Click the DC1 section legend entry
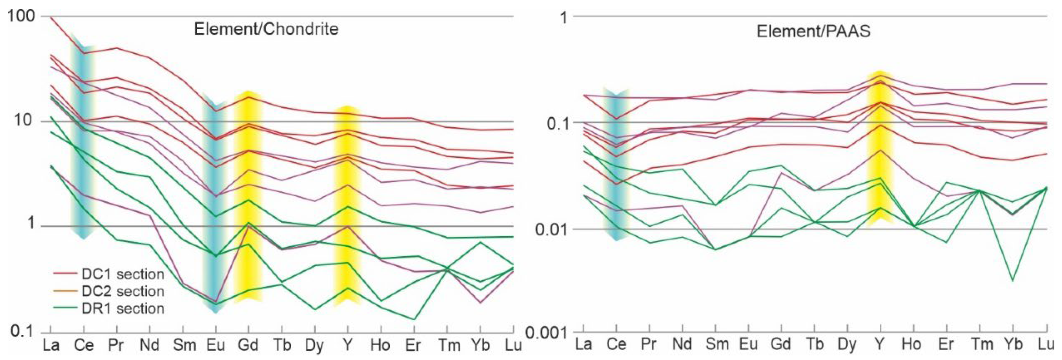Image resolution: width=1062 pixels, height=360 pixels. click(122, 274)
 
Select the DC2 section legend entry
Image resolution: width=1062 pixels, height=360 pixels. click(122, 292)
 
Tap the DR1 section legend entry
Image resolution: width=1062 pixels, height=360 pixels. click(122, 308)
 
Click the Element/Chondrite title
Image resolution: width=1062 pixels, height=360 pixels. click(266, 29)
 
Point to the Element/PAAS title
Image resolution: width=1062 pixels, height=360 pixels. click(813, 31)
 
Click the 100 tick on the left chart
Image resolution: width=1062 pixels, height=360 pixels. click(21, 16)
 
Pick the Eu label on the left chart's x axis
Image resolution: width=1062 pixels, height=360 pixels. click(215, 345)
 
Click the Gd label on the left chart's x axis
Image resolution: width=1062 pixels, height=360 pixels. click(248, 345)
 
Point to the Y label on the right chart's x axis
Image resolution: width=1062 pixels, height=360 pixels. click(880, 344)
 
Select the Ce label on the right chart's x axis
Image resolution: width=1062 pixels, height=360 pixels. click(616, 344)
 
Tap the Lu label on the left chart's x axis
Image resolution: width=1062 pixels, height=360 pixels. click(513, 345)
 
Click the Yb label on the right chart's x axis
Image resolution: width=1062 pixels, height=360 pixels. click(1012, 344)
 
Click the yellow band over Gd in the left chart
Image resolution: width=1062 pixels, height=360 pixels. click(248, 198)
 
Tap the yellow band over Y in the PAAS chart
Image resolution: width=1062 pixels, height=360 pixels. click(880, 148)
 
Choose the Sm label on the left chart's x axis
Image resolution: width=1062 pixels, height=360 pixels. click(184, 345)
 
